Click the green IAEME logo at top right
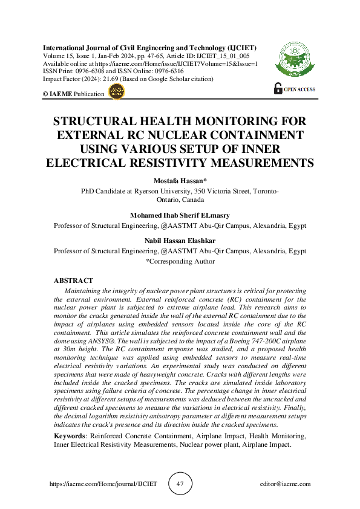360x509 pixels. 295,60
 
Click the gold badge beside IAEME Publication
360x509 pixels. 116,92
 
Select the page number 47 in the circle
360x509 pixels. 180,484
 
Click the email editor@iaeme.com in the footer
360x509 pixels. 284,484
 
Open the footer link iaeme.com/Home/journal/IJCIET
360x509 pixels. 102,484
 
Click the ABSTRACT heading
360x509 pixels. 73,280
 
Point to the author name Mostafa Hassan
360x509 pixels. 180,181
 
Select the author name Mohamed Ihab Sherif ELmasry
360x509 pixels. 180,215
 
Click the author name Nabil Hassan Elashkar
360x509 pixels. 180,241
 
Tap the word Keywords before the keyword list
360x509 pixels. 70,436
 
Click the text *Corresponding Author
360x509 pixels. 180,261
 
